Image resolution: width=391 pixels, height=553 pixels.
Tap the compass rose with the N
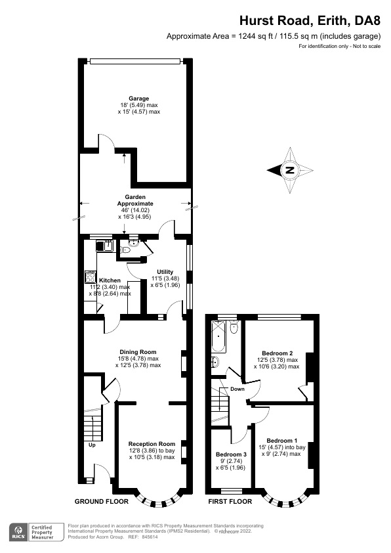click(289, 170)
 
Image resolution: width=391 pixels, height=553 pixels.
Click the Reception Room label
click(152, 443)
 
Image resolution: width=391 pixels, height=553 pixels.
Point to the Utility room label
click(165, 271)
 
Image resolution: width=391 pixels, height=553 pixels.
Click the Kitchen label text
click(110, 280)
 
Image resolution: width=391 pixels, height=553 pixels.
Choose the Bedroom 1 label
click(283, 441)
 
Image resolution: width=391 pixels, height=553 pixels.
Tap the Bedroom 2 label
click(276, 353)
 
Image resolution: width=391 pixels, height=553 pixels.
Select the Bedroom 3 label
click(231, 454)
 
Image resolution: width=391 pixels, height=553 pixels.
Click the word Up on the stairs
click(92, 445)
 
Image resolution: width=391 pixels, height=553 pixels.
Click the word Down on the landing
click(237, 389)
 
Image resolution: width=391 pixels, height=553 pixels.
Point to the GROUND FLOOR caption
click(101, 502)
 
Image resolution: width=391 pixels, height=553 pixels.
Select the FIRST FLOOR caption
click(230, 502)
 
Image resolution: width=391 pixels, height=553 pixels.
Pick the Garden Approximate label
click(135, 200)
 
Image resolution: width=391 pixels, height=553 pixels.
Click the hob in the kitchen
click(90, 278)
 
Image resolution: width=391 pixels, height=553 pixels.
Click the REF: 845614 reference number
click(144, 537)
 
